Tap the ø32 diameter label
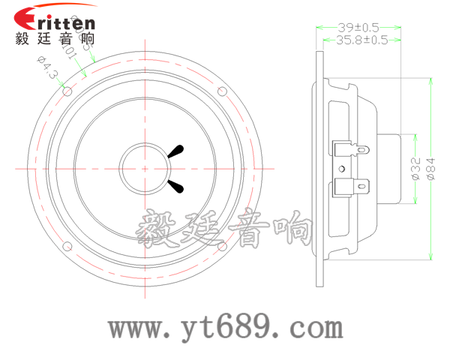[414, 169]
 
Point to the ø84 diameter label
[431, 169]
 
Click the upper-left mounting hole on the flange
[67, 91]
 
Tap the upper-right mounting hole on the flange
[222, 91]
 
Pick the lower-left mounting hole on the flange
[67, 245]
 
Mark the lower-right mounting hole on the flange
[222, 245]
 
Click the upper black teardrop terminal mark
[177, 151]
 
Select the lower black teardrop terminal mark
[177, 185]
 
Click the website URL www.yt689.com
[225, 328]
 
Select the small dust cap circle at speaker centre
[145, 168]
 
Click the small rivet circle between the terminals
[342, 168]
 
